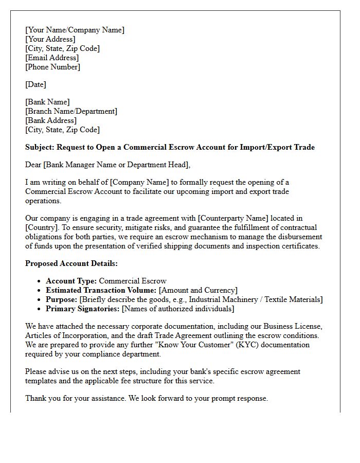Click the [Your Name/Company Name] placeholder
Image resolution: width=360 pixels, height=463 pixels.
tap(75, 30)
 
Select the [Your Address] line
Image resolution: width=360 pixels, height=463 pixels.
tap(50, 39)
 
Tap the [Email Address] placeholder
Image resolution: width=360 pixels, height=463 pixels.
tap(52, 58)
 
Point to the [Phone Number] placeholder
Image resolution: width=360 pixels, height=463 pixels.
tap(52, 67)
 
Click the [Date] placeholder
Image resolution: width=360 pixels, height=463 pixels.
tap(35, 84)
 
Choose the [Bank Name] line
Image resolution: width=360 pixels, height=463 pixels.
tap(47, 102)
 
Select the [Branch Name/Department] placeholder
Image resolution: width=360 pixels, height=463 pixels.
tap(71, 111)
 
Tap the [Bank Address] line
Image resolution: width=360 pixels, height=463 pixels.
tap(51, 120)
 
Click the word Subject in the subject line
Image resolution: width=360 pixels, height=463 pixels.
tap(40, 147)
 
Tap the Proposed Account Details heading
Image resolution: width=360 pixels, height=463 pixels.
tap(71, 263)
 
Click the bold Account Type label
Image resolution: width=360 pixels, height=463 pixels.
tap(71, 281)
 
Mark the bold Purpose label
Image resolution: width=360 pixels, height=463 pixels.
tap(61, 299)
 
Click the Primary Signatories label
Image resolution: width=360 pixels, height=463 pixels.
tap(82, 309)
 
